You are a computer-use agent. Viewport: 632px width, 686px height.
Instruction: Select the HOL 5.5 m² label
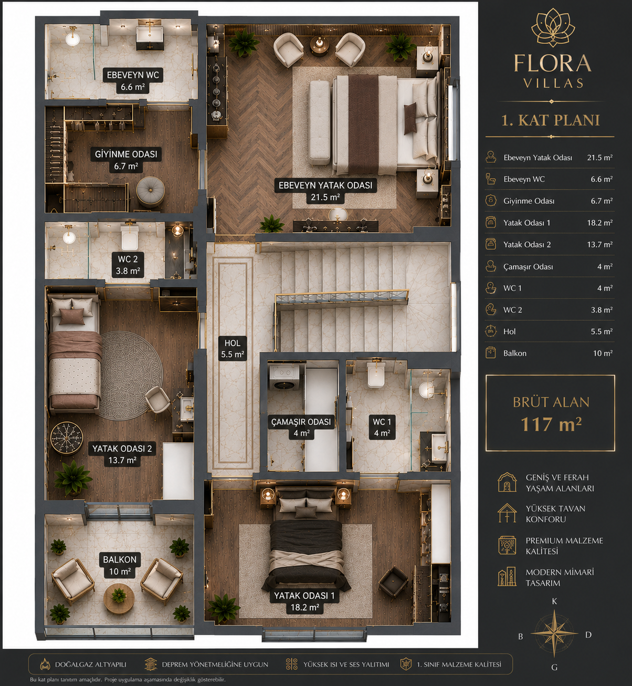(233, 348)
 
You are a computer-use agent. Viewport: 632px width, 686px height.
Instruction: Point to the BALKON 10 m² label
(120, 565)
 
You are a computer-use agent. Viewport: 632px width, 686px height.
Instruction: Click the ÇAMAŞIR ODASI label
(301, 422)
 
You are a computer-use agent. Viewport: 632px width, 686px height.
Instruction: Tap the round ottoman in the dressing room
(151, 191)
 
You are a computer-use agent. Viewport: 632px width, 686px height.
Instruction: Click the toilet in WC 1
(376, 374)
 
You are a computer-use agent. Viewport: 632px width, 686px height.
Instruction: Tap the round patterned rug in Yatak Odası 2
(131, 375)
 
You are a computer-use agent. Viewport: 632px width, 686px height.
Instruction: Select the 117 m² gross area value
(551, 424)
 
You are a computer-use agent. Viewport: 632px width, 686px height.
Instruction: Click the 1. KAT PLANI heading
(551, 120)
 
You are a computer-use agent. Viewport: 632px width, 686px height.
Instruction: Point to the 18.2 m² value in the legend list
(600, 223)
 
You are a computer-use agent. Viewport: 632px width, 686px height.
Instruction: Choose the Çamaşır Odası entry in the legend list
(528, 267)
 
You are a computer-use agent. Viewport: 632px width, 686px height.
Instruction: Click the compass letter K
(554, 601)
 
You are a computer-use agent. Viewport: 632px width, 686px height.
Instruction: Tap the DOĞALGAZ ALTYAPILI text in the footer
(90, 664)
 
